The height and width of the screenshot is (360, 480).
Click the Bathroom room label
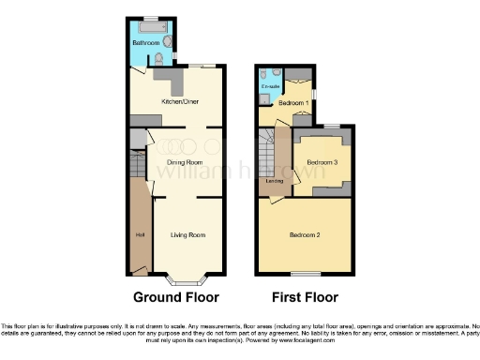[x=145, y=43]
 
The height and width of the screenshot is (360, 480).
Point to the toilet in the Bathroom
[x=167, y=43]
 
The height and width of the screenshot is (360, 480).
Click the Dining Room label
[x=186, y=162]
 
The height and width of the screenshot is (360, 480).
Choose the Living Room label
[x=187, y=235]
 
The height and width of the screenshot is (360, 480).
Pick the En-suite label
[x=271, y=86]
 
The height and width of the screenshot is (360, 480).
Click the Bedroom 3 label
[x=322, y=162]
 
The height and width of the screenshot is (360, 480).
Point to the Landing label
[x=275, y=180]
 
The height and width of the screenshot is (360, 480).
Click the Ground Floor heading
[x=175, y=297]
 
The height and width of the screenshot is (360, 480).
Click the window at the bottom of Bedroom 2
[x=305, y=274]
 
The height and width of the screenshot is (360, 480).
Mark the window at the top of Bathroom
[x=150, y=18]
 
